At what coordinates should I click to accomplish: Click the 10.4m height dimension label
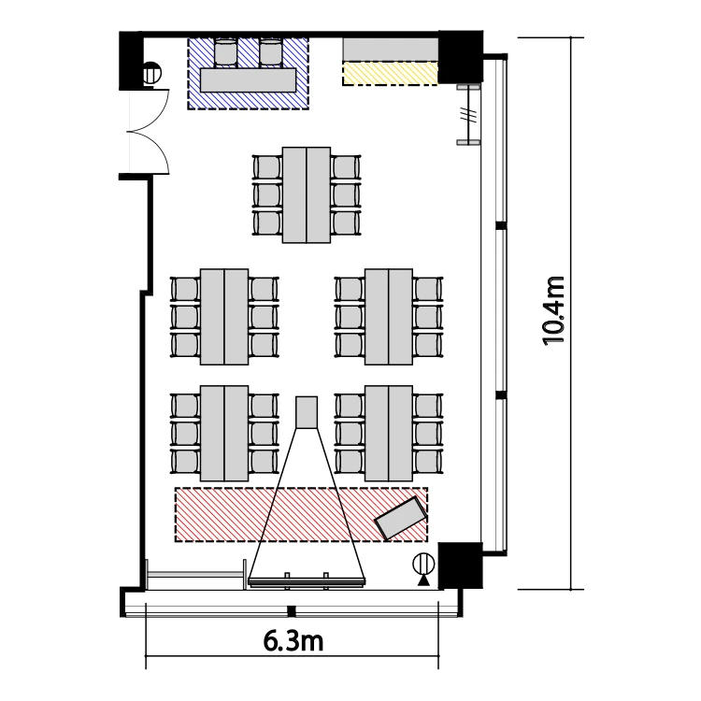[x=554, y=311]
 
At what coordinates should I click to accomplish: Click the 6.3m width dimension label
[x=293, y=641]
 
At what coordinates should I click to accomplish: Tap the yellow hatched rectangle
[x=390, y=73]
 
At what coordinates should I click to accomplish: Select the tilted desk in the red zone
[x=400, y=517]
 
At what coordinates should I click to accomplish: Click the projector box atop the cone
[x=307, y=412]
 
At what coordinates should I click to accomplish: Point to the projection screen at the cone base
[x=307, y=581]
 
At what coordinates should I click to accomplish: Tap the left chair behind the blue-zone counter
[x=226, y=52]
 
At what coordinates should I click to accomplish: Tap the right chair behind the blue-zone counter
[x=270, y=52]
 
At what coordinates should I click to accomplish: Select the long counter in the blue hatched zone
[x=248, y=80]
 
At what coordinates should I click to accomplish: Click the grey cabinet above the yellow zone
[x=390, y=50]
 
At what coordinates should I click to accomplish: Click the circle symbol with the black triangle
[x=423, y=568]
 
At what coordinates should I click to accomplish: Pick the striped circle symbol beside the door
[x=151, y=73]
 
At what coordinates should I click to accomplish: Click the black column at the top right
[x=460, y=57]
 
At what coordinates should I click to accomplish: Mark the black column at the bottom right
[x=460, y=565]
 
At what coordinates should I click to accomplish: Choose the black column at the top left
[x=130, y=61]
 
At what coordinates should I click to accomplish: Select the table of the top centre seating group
[x=307, y=195]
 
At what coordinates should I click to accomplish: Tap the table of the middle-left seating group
[x=224, y=317]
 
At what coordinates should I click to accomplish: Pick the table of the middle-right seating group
[x=389, y=317]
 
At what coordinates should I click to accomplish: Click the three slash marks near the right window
[x=467, y=115]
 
